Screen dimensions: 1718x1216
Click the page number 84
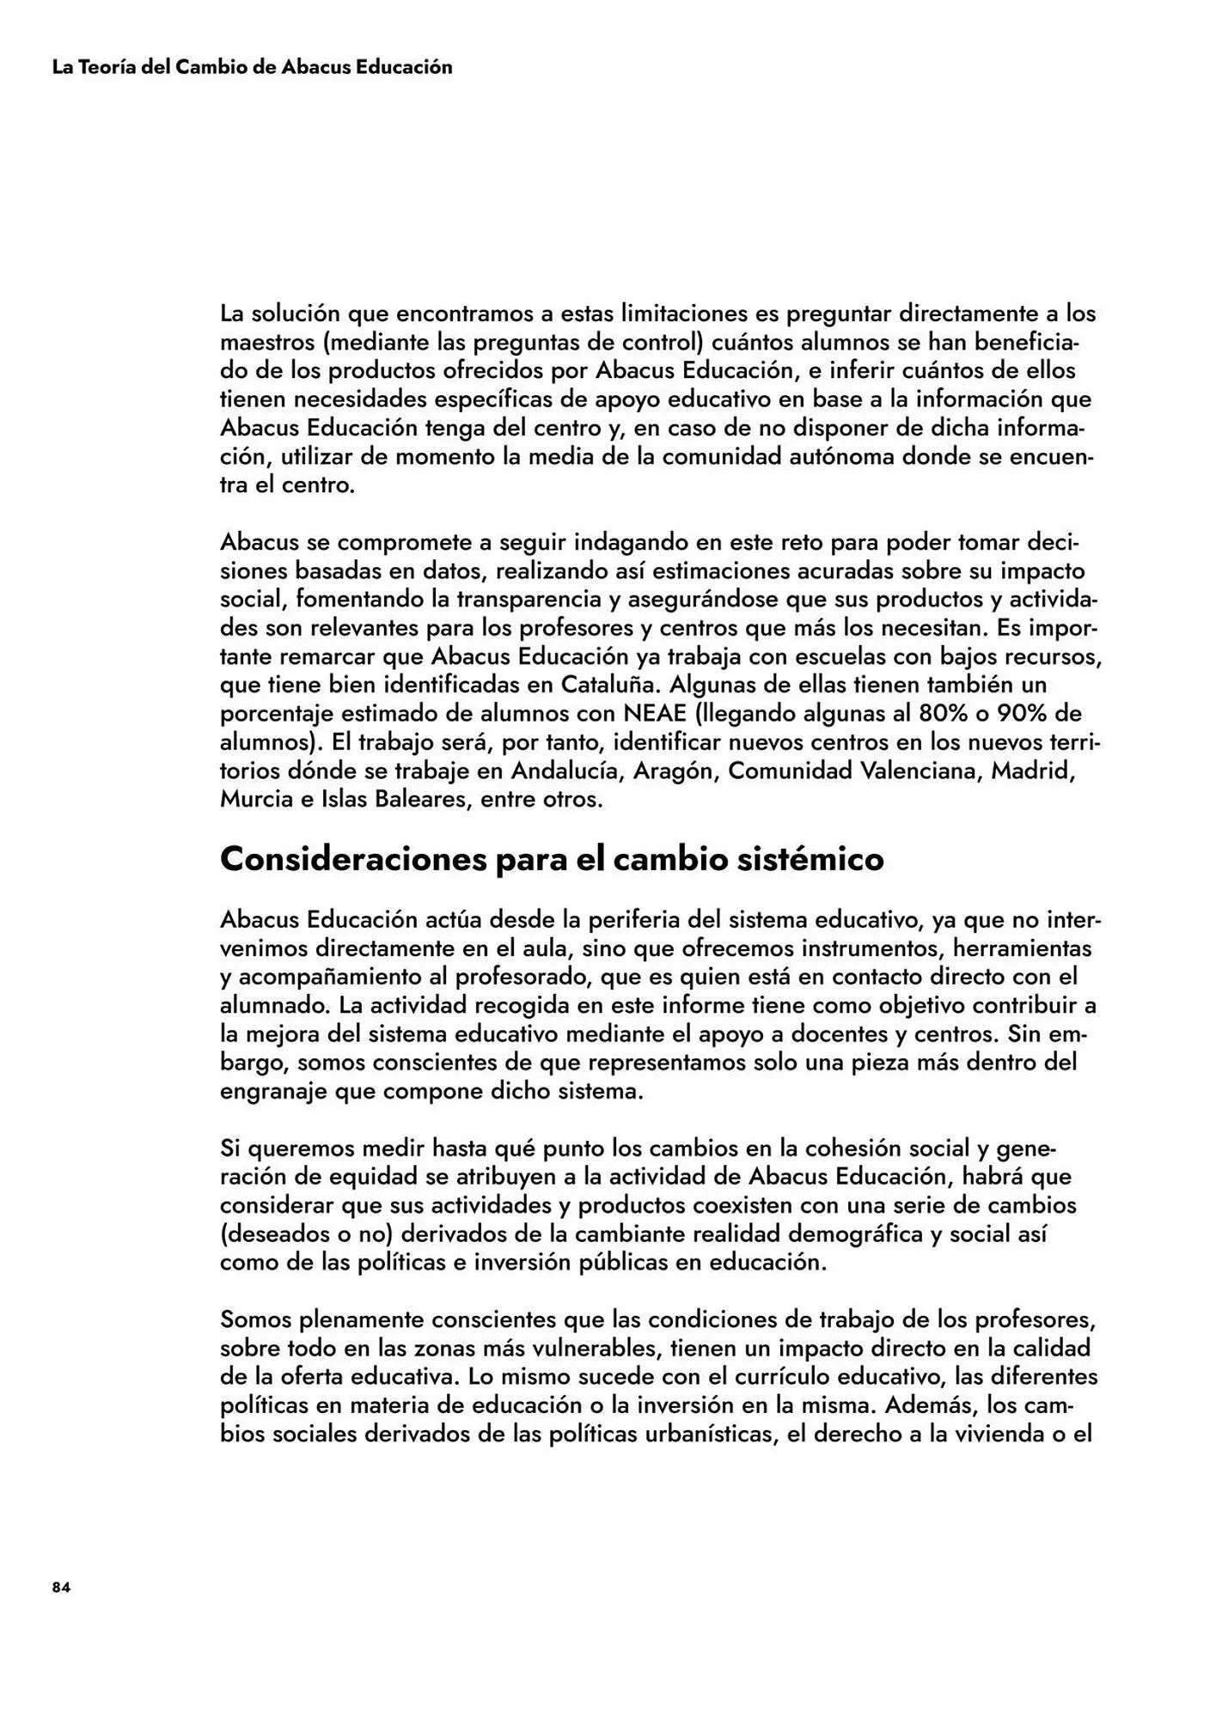pos(61,1587)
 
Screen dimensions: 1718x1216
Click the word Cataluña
pos(612,685)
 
